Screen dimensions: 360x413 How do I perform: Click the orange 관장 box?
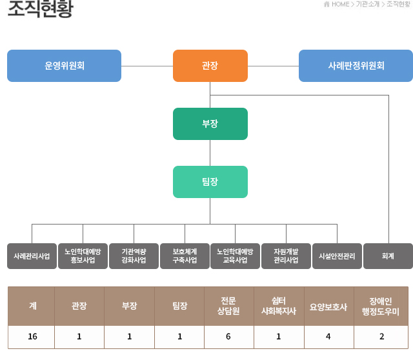(210, 66)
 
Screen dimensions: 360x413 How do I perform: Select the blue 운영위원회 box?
(64, 66)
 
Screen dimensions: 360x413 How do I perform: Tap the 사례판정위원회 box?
(356, 66)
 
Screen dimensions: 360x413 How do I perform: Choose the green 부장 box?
(210, 124)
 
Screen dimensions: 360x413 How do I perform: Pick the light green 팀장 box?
(210, 182)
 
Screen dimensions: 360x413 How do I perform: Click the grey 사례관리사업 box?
(32, 256)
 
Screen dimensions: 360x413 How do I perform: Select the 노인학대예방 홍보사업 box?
(83, 256)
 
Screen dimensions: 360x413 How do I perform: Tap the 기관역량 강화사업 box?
(134, 256)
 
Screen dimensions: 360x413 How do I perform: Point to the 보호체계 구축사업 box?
(185, 256)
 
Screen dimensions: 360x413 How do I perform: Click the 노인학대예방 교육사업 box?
(235, 256)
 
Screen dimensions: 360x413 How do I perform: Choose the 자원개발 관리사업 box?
(286, 256)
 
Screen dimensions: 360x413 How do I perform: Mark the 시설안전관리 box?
(337, 256)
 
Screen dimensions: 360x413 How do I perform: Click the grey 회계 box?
(388, 256)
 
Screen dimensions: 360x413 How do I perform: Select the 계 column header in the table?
(32, 306)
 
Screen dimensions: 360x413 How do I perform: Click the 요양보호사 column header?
(328, 306)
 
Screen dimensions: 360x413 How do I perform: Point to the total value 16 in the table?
(32, 336)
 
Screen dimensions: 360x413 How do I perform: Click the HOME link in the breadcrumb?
(339, 5)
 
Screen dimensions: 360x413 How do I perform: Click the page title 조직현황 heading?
(40, 10)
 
